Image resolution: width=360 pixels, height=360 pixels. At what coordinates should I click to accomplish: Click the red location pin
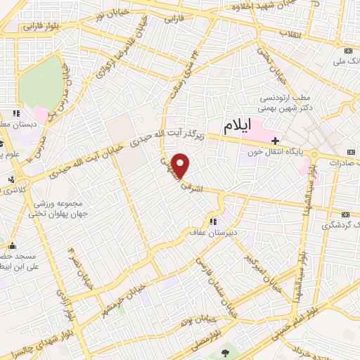pos(181,165)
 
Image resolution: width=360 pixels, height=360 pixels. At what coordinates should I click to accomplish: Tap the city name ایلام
pos(238,127)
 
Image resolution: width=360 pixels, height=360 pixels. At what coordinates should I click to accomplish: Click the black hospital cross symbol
pos(275,140)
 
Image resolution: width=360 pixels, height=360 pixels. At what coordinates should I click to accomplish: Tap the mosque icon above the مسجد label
pos(11,246)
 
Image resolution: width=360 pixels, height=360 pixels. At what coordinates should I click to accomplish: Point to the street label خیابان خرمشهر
pos(126,295)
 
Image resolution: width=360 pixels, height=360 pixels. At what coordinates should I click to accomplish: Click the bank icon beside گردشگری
pos(345,214)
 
